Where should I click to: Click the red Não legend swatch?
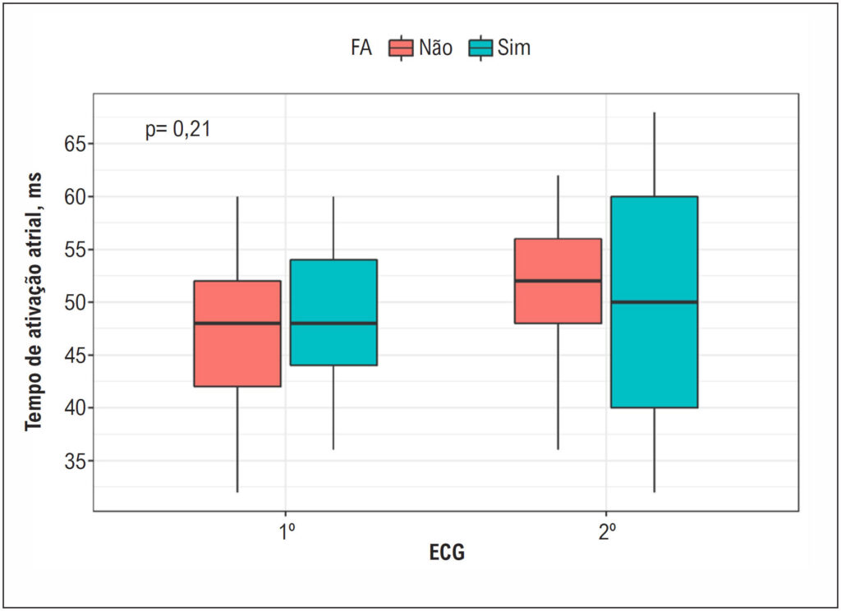(401, 48)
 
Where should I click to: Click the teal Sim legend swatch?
(480, 48)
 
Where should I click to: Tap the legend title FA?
(361, 48)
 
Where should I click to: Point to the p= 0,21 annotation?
(177, 129)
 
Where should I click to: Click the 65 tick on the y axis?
(75, 145)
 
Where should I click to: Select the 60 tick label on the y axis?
(75, 197)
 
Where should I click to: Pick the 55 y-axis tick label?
(75, 250)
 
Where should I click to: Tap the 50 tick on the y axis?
(75, 302)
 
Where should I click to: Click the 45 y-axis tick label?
(75, 355)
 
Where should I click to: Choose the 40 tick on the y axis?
(75, 407)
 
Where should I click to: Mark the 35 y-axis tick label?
(75, 461)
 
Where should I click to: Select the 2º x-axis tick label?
(607, 533)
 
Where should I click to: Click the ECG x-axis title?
(447, 552)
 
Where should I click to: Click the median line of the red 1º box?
(237, 323)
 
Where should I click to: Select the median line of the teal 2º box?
(655, 302)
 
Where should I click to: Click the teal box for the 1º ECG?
(333, 312)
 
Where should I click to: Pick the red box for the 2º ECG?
(558, 281)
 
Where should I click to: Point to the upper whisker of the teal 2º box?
(655, 154)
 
